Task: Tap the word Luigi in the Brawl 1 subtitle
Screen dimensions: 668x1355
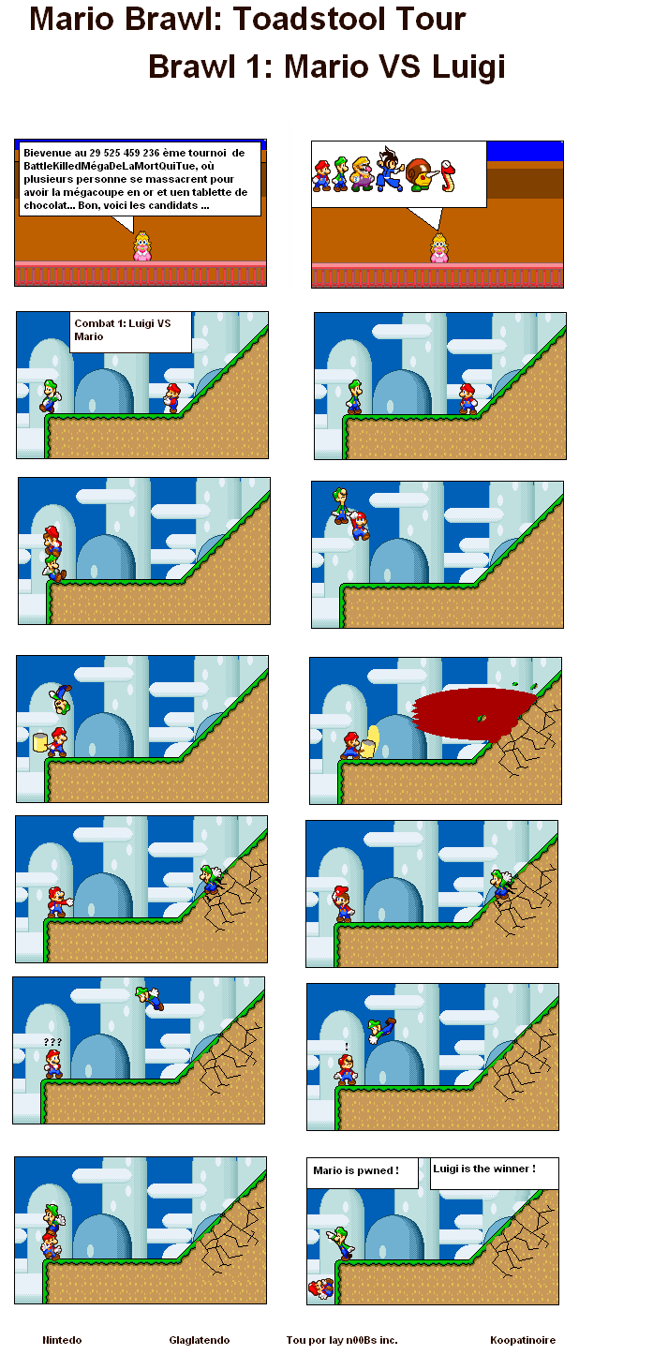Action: pos(468,67)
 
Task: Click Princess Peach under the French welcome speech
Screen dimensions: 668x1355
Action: pos(142,246)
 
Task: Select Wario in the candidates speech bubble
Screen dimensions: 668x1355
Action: pos(364,174)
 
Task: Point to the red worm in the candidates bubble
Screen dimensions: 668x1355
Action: pos(448,175)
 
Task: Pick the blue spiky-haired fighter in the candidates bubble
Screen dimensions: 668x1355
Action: pos(390,170)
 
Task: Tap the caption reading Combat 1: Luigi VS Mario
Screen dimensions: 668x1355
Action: pos(123,330)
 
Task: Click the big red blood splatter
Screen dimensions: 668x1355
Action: pos(475,714)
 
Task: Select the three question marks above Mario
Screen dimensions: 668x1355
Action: pos(52,1042)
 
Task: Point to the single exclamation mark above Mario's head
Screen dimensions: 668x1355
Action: pos(347,1047)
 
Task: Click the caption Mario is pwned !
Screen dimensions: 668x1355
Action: pos(355,1170)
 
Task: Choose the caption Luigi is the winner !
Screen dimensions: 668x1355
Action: pos(484,1169)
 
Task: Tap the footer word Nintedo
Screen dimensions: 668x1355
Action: pos(62,1340)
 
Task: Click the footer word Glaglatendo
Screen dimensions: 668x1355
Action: pos(200,1340)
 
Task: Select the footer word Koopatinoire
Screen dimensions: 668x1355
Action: pos(523,1340)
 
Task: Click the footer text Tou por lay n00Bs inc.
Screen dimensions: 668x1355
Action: pos(342,1340)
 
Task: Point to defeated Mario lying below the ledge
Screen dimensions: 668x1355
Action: pos(321,1289)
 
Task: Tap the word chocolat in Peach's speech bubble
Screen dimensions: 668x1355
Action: pos(44,205)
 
